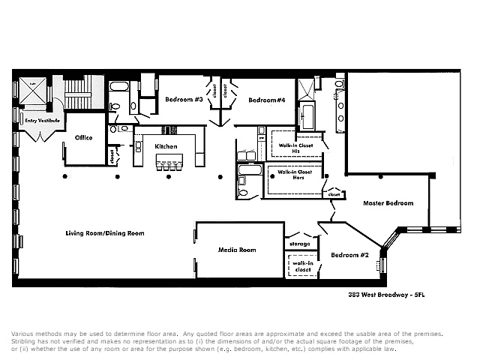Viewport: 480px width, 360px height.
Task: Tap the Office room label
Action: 82,137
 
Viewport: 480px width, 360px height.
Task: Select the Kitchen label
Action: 165,145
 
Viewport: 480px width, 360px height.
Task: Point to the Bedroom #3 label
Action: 183,99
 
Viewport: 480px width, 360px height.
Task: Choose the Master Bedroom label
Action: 388,203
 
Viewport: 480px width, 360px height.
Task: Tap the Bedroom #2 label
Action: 350,255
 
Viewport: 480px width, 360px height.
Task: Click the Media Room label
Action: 237,250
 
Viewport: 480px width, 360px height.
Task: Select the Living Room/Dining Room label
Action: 104,233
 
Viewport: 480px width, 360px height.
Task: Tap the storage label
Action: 299,244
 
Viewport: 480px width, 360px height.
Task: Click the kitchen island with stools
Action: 168,163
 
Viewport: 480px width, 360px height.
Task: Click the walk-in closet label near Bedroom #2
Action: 302,266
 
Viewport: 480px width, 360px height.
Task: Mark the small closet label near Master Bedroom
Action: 334,195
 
